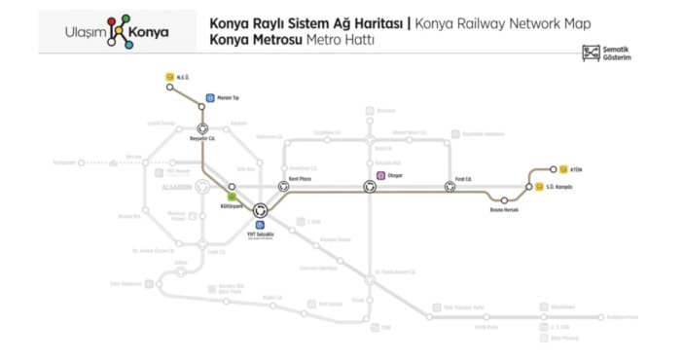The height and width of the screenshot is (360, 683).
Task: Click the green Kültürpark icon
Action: [232, 198]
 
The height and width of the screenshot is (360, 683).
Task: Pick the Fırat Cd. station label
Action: [463, 180]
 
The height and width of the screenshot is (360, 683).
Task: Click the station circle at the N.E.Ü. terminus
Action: [170, 88]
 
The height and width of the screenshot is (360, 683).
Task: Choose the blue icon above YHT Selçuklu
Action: [260, 225]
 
